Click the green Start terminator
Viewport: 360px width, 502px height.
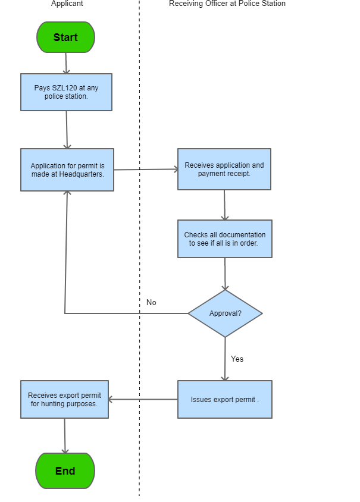coord(65,37)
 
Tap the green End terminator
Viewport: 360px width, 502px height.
coord(65,470)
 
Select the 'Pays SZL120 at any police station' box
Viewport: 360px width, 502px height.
coord(66,92)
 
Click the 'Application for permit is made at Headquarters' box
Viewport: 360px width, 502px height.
coord(67,170)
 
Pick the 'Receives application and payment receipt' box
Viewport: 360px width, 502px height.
coord(224,169)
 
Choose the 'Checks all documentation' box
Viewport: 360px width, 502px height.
coord(225,239)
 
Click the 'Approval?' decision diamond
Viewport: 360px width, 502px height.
coord(225,313)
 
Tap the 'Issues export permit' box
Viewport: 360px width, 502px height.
coord(225,399)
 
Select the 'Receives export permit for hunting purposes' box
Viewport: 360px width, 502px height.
coord(64,399)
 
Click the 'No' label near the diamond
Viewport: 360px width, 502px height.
coord(151,303)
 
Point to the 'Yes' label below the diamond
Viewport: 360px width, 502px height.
coord(237,359)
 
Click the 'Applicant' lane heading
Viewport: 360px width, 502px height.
coord(67,4)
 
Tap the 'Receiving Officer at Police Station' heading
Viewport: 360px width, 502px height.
coord(227,4)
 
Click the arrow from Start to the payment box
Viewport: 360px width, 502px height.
coord(66,63)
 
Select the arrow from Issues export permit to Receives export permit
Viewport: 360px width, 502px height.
coord(143,399)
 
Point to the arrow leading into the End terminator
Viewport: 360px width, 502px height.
coord(65,436)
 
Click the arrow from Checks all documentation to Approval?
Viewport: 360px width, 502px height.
coord(225,274)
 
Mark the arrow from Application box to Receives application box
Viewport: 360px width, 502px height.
coord(146,170)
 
